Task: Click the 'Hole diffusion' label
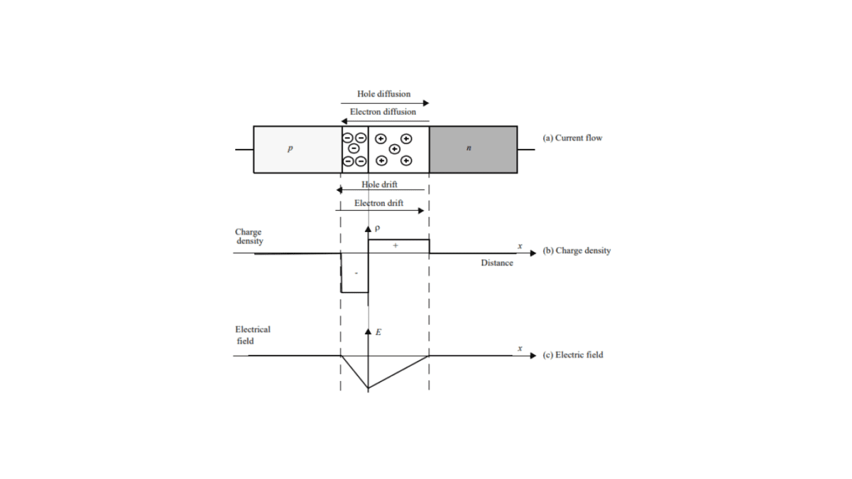tap(383, 94)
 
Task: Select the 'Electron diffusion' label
tap(383, 112)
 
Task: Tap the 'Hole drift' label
tap(380, 185)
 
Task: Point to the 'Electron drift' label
tap(379, 203)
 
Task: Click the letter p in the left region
tap(290, 148)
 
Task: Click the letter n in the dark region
tap(469, 148)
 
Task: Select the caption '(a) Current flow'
tap(572, 138)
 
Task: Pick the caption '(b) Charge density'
tap(577, 250)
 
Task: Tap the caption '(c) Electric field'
tap(572, 355)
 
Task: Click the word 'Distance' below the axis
tap(497, 263)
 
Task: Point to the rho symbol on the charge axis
tap(378, 229)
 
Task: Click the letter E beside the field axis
tap(378, 331)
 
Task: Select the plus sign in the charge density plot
tap(395, 245)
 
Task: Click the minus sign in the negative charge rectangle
tap(356, 272)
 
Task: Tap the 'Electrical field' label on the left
tap(253, 335)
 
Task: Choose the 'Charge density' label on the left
tap(248, 236)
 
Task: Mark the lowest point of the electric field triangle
tap(368, 389)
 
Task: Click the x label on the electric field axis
tap(520, 348)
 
